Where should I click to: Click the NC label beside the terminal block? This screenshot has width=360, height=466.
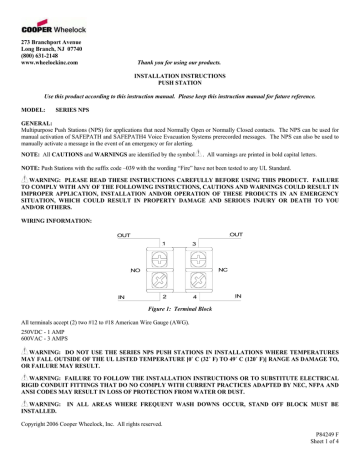point(232,243)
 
